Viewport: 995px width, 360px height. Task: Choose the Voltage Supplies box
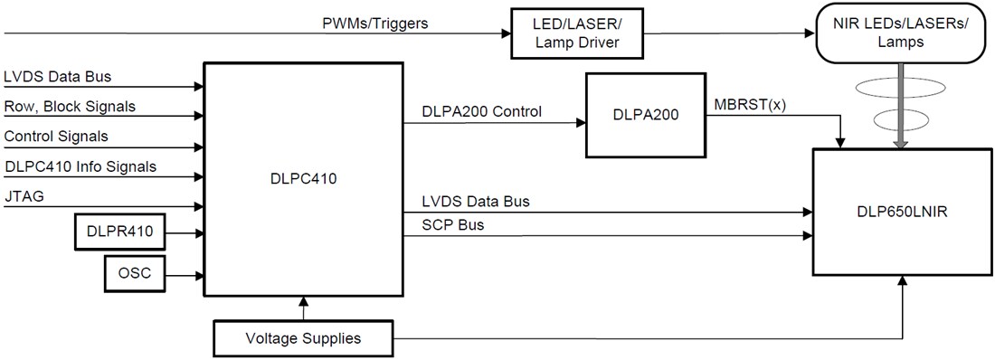coord(303,338)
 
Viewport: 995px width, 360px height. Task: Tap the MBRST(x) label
coord(750,103)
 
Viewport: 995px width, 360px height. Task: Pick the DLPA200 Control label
coord(482,112)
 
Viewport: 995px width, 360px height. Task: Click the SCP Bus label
coord(453,225)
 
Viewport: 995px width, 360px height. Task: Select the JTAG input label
coord(24,195)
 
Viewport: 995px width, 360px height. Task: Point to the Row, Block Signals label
coord(70,106)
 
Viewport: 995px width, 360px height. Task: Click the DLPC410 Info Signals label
coord(81,166)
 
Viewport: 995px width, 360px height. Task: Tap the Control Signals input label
coord(55,136)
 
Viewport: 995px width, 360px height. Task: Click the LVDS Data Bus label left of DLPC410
coord(58,76)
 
